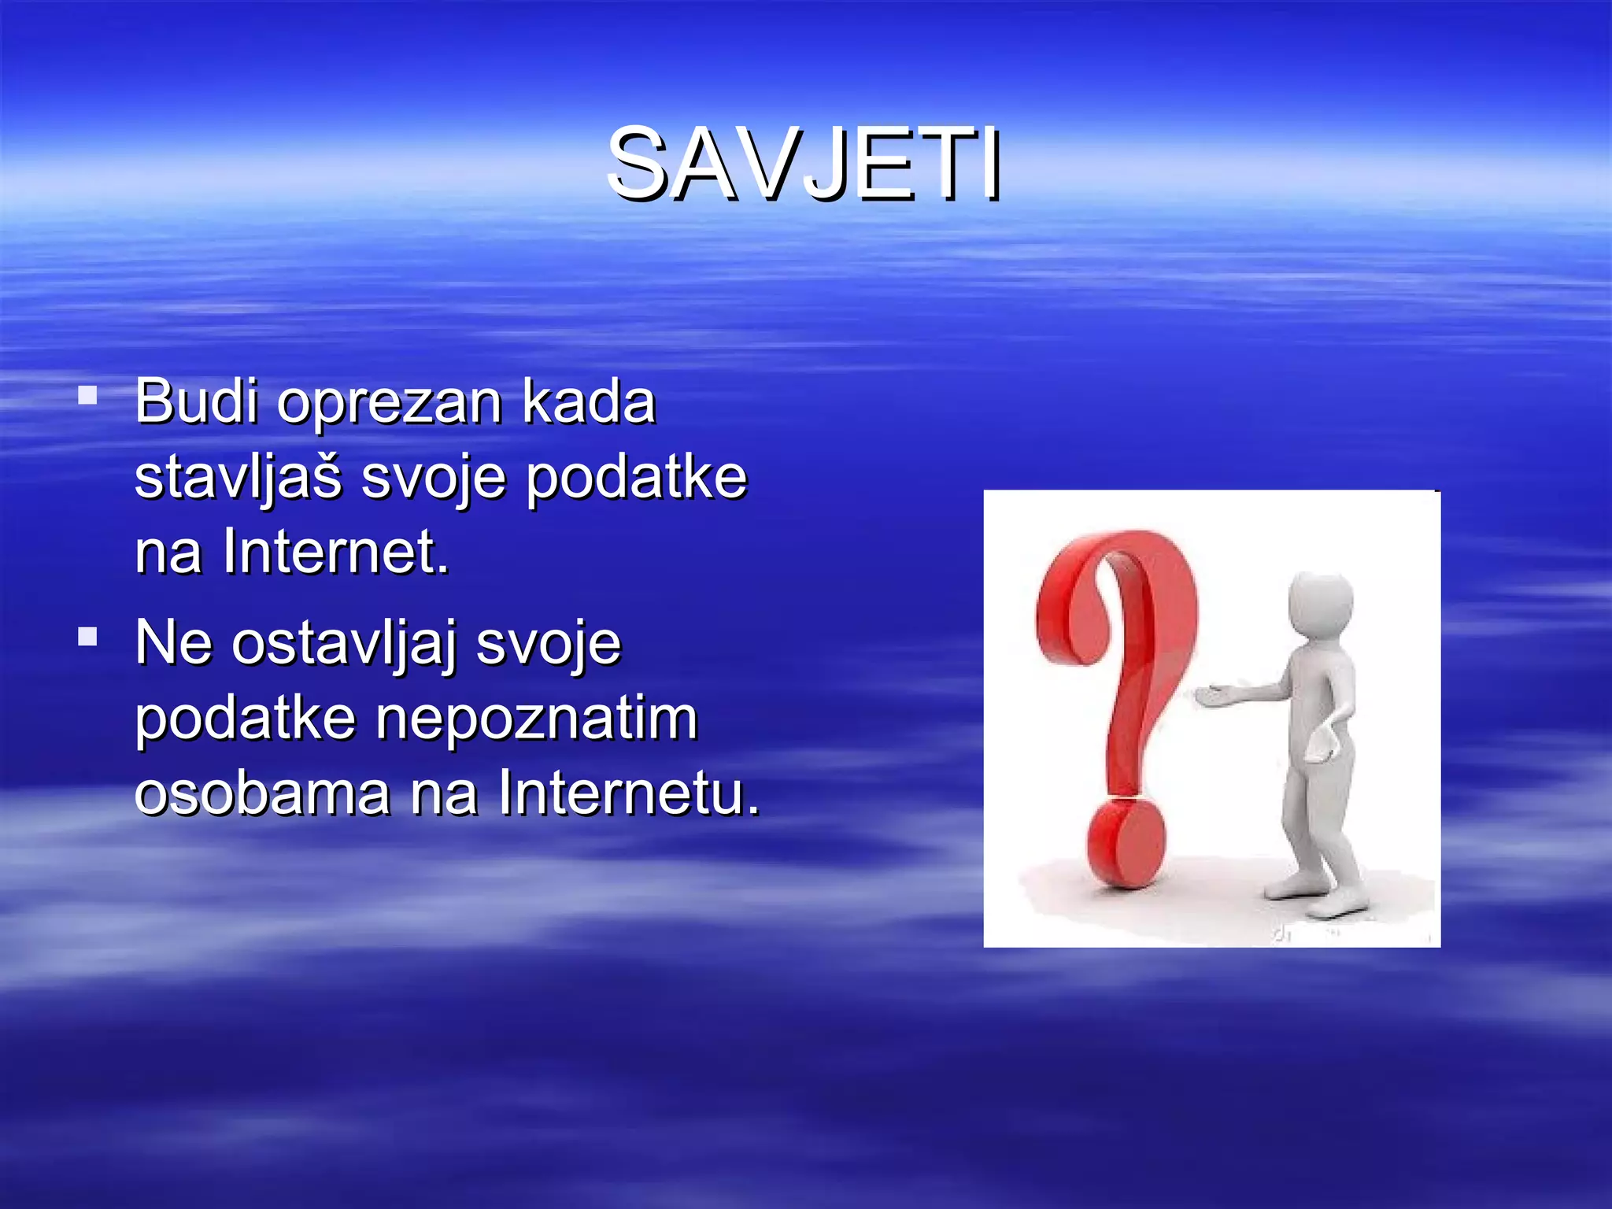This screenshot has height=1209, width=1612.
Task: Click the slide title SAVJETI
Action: click(804, 165)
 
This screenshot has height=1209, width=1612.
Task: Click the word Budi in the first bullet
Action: click(196, 401)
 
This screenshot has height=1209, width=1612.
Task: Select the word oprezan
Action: click(389, 404)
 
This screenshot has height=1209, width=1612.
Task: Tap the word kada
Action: click(588, 401)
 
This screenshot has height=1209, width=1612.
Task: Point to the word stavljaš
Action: click(238, 478)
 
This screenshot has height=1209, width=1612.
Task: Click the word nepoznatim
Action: click(537, 719)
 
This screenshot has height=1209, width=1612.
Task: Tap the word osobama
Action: click(262, 793)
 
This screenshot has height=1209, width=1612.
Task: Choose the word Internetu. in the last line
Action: click(629, 793)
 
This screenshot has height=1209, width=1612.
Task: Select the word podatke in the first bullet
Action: click(636, 478)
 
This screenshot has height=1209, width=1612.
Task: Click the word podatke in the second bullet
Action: click(245, 719)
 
